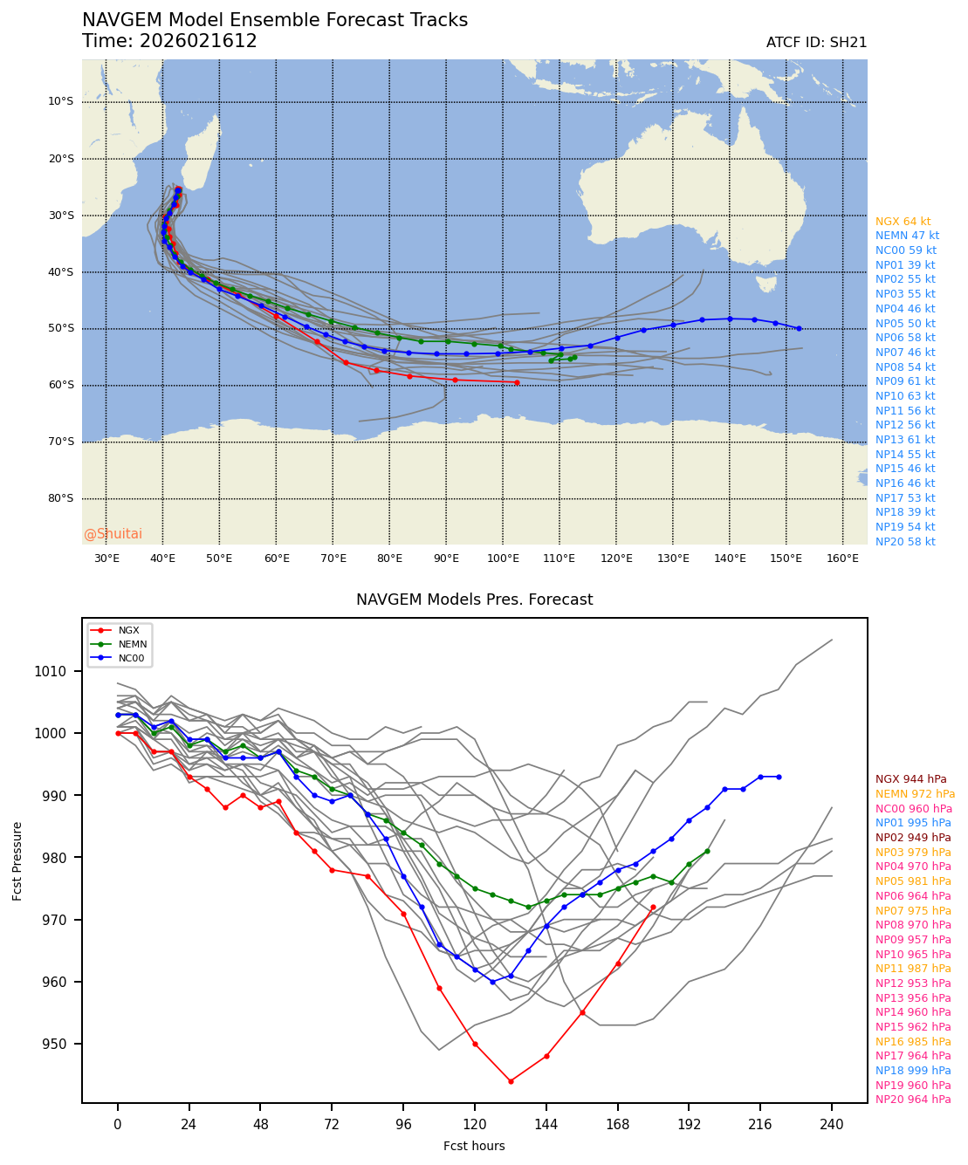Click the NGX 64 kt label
point(903,222)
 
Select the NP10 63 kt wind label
point(905,396)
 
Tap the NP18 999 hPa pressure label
point(913,1071)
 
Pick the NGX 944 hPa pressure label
point(910,779)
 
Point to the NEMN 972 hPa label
point(915,794)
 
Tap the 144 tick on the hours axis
point(546,1125)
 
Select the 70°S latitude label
point(60,442)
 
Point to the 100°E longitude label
point(503,559)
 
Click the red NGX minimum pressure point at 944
point(511,1081)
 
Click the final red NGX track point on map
point(517,382)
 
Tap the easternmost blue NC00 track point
point(799,328)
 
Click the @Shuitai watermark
point(113,534)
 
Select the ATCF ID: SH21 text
point(816,43)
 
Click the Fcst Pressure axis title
point(17,860)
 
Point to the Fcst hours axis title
point(474,1146)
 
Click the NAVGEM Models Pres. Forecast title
point(474,600)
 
